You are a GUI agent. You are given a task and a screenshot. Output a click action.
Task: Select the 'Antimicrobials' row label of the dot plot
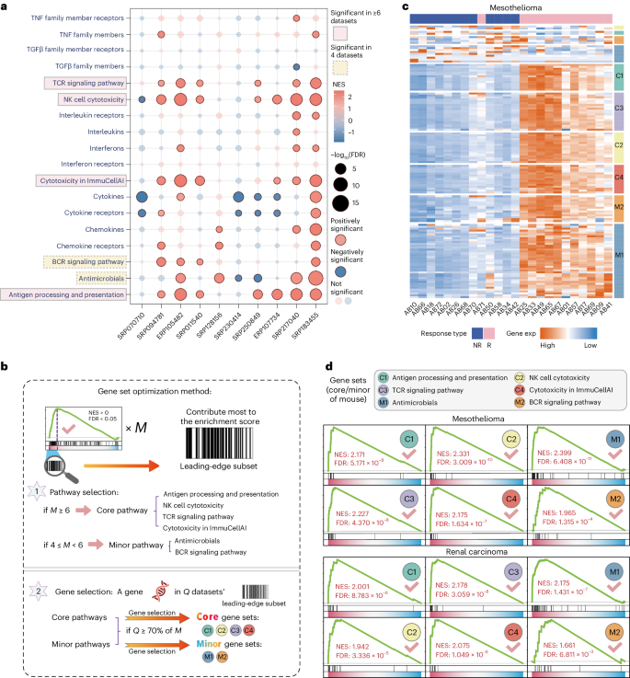97,277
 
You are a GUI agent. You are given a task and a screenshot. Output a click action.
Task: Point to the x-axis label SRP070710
135,325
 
